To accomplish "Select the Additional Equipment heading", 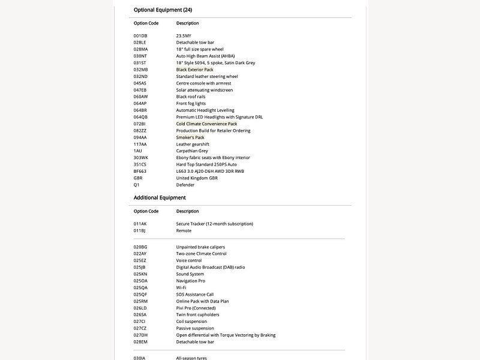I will [x=160, y=197].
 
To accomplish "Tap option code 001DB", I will [x=140, y=36].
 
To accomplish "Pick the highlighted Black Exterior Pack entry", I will [x=194, y=70].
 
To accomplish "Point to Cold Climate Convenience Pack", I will [x=206, y=124].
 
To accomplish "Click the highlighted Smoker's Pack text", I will [x=190, y=137].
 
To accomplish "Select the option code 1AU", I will [x=138, y=151].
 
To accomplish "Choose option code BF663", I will [x=140, y=171].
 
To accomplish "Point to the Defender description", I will [x=185, y=185].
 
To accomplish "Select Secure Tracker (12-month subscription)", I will [x=214, y=224].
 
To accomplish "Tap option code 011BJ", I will [x=140, y=230].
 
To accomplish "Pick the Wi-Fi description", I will [x=181, y=287].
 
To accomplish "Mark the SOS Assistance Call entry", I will [x=194, y=295].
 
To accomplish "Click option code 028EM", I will [x=141, y=342].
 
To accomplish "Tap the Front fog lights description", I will [x=191, y=103].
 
